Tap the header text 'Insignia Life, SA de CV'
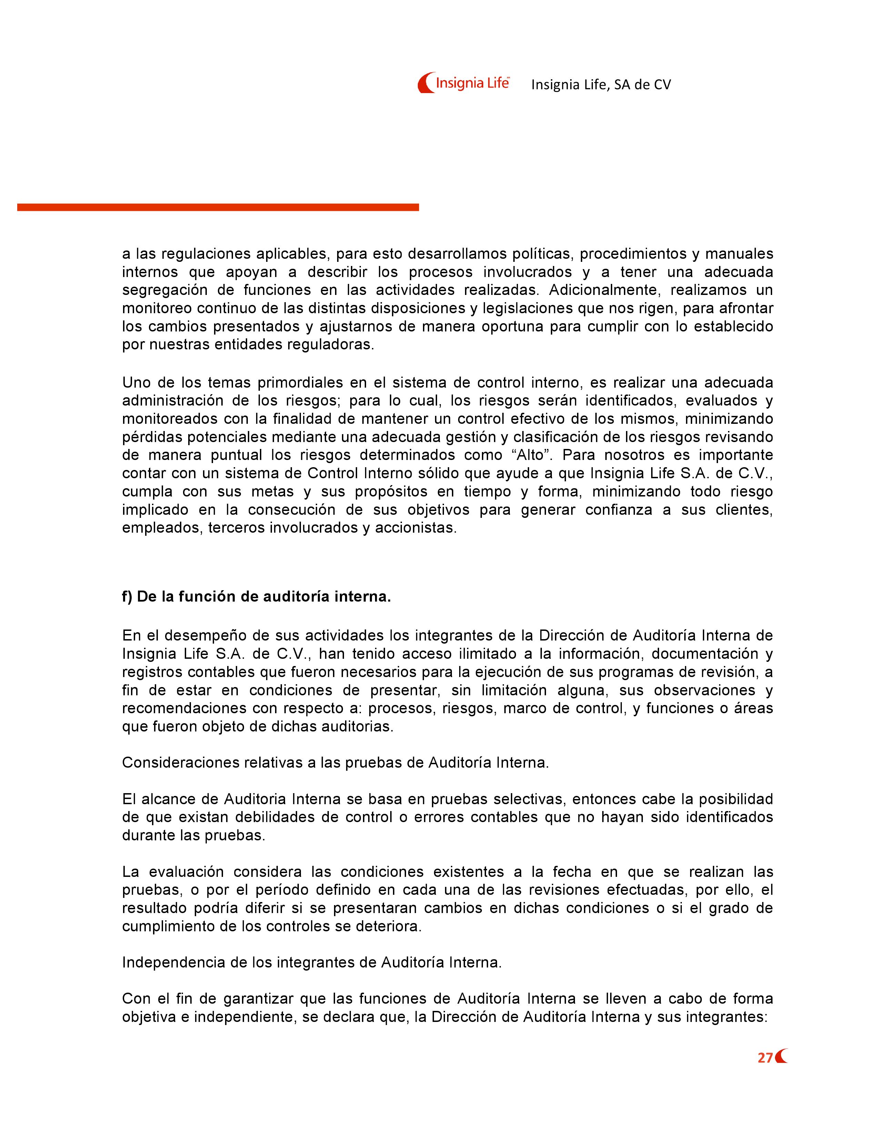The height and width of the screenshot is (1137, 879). pos(601,85)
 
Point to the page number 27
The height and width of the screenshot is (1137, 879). pos(765,1058)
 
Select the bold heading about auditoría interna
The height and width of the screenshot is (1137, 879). pos(256,597)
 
